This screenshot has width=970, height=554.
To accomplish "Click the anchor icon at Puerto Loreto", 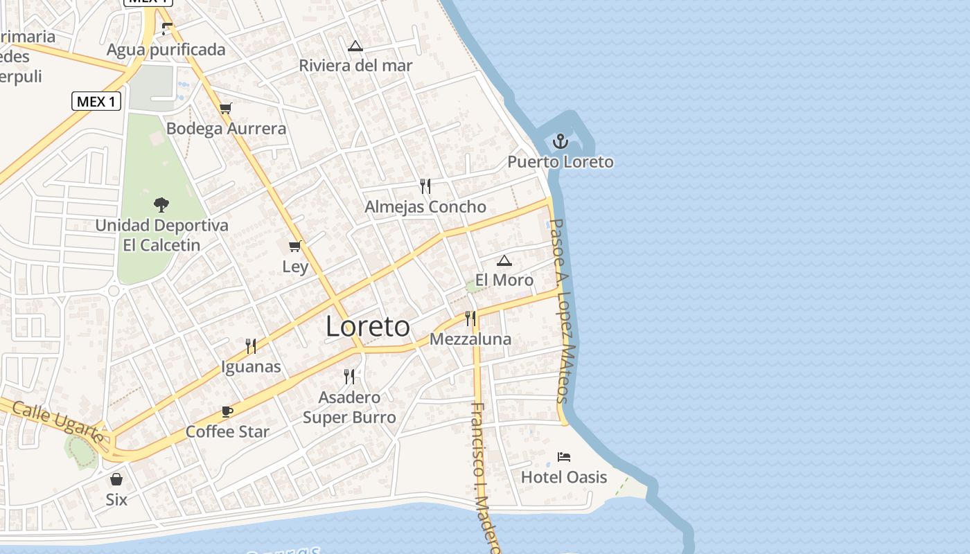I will point(560,142).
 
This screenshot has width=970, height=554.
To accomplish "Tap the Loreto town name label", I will point(368,327).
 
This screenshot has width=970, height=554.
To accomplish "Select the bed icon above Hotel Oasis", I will point(564,457).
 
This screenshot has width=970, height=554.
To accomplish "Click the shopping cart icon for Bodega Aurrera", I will point(225,108).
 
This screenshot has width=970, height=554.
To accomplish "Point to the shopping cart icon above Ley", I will point(295,246).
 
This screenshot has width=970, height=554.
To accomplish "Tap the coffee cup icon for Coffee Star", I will point(227,411).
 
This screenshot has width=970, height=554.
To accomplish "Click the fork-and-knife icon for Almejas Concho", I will point(425,186).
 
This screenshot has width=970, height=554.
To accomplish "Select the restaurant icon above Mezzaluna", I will point(470,319).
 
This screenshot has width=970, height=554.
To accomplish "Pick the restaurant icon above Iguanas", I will point(251,346).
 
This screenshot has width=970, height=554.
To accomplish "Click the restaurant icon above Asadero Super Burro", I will point(349,377).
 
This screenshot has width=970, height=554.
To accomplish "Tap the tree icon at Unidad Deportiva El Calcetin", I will point(161,205).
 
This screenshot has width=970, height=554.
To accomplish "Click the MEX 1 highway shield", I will point(96,101).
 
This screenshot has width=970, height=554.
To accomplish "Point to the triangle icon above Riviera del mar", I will point(355,46).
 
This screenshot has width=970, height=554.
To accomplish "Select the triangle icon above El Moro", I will point(504,260).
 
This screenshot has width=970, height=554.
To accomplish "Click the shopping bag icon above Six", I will point(116,479).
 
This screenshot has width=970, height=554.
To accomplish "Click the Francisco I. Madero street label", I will point(484,478).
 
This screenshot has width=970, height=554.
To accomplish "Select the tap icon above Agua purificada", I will point(166,29).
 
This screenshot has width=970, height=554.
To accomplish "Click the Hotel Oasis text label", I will point(564,477).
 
